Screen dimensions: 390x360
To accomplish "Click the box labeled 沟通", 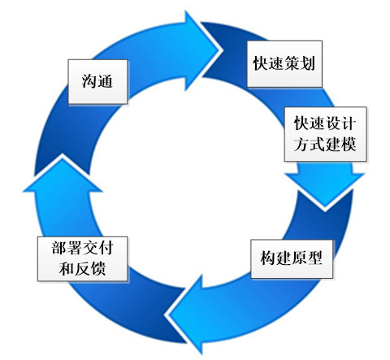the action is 97,81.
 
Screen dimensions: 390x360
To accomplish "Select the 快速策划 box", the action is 284,64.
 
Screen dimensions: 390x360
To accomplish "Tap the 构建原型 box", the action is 292,258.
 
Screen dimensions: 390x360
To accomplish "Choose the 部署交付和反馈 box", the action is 82,258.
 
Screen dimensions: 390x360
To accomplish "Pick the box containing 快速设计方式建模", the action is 326,134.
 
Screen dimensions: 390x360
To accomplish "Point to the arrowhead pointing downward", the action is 324,189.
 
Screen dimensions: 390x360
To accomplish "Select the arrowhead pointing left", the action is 185,314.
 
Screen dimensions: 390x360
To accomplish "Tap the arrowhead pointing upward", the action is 63,176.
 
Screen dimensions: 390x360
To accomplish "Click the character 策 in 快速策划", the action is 292,64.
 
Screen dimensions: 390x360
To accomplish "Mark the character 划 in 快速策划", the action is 308,64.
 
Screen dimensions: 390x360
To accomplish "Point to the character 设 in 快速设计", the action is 333,124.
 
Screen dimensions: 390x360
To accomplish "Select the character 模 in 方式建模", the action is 349,144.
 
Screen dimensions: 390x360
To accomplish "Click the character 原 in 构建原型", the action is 299,258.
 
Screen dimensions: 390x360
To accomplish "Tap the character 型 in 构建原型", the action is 314,258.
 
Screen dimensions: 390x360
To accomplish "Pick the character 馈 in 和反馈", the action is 98,269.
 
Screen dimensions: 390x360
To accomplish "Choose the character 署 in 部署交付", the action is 74,248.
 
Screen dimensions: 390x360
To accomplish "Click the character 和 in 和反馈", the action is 67,269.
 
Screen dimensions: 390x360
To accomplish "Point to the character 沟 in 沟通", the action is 89,81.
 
